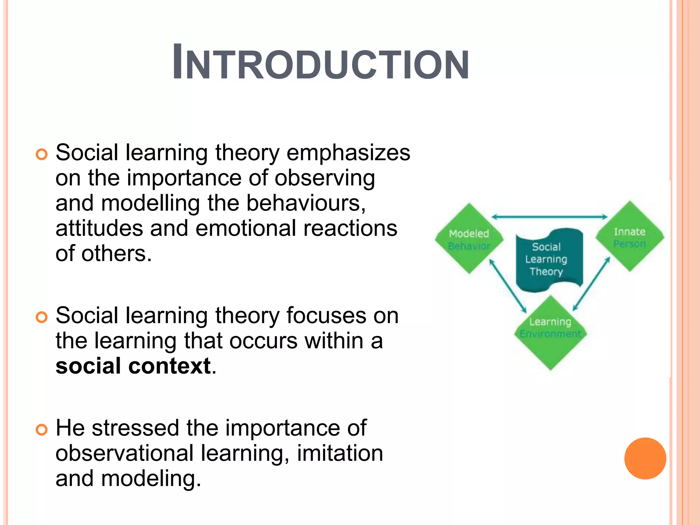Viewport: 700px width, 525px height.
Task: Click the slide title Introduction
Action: pos(321,63)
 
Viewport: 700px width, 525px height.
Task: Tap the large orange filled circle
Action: pos(645,458)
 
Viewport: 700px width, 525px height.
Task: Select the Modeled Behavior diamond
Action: pos(469,239)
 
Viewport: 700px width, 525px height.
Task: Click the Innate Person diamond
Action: pos(630,237)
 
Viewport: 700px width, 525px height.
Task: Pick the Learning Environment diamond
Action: pos(550,333)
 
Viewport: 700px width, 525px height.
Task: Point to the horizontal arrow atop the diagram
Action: pos(549,217)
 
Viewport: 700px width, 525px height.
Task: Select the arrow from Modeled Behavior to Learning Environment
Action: pos(508,286)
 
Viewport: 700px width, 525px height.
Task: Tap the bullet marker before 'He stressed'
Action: pos(41,430)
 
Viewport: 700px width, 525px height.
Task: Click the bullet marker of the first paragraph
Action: pos(41,154)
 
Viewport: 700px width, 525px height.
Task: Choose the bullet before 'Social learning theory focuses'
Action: pos(41,317)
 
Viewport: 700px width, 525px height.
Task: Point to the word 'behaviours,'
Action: pos(306,203)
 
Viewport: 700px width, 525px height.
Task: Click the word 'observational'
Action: pos(124,454)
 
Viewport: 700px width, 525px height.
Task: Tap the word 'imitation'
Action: pos(340,454)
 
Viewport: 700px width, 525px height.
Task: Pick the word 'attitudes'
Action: pos(99,229)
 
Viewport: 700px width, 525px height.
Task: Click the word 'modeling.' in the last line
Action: pos(151,479)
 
